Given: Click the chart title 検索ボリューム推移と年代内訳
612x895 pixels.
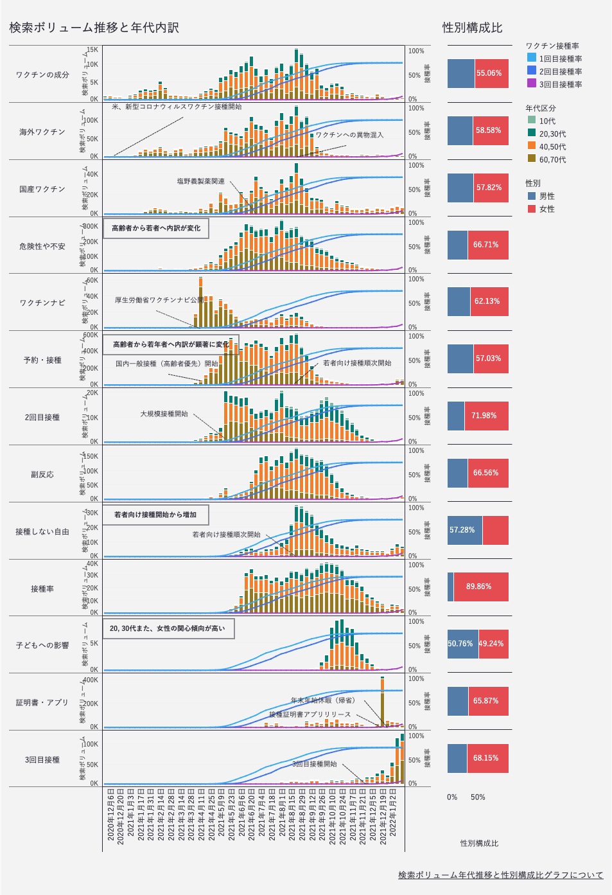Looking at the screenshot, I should point(94,28).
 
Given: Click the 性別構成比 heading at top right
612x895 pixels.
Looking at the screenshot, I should point(472,28).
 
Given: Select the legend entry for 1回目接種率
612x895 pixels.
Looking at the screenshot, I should point(560,58).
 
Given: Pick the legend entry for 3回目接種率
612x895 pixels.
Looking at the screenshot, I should point(560,84).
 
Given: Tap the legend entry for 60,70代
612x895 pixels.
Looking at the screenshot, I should point(552,159).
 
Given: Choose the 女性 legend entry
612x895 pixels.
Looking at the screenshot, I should point(546,209).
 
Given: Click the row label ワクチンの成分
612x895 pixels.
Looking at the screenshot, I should point(42,75).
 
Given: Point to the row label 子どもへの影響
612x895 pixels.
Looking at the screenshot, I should point(42,645).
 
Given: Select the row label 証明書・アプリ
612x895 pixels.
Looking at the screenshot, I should point(42,702).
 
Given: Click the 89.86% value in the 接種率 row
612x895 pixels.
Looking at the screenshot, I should point(479,587).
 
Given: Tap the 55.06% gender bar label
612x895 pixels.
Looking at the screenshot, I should point(489,73).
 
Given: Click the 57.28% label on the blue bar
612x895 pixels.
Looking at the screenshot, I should point(462,530).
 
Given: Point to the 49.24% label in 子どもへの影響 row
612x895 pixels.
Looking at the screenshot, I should point(492,644).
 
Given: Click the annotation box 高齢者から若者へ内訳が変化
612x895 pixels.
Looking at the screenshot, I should point(156,228).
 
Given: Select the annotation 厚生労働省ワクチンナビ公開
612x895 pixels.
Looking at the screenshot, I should point(159,300).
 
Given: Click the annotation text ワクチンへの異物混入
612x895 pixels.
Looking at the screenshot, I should point(349,135).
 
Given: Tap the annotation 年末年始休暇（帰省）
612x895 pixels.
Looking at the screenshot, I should point(322,700).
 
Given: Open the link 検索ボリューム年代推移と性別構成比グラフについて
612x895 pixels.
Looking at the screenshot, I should point(500,875).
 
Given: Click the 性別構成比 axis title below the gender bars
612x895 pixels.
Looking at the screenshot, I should point(479,843).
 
